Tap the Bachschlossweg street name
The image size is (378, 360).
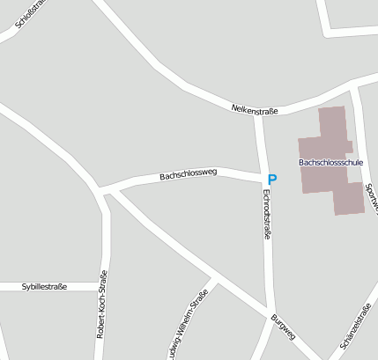[x=188, y=175]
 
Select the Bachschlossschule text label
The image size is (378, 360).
[x=330, y=163]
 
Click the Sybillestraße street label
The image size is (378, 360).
[x=44, y=286]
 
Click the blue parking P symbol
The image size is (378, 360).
[x=272, y=179]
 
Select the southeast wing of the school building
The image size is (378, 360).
[x=348, y=199]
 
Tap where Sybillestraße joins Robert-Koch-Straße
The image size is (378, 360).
[x=104, y=286]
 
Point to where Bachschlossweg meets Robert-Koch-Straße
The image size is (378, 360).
[x=106, y=190]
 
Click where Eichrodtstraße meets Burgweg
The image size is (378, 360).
[x=271, y=310]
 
